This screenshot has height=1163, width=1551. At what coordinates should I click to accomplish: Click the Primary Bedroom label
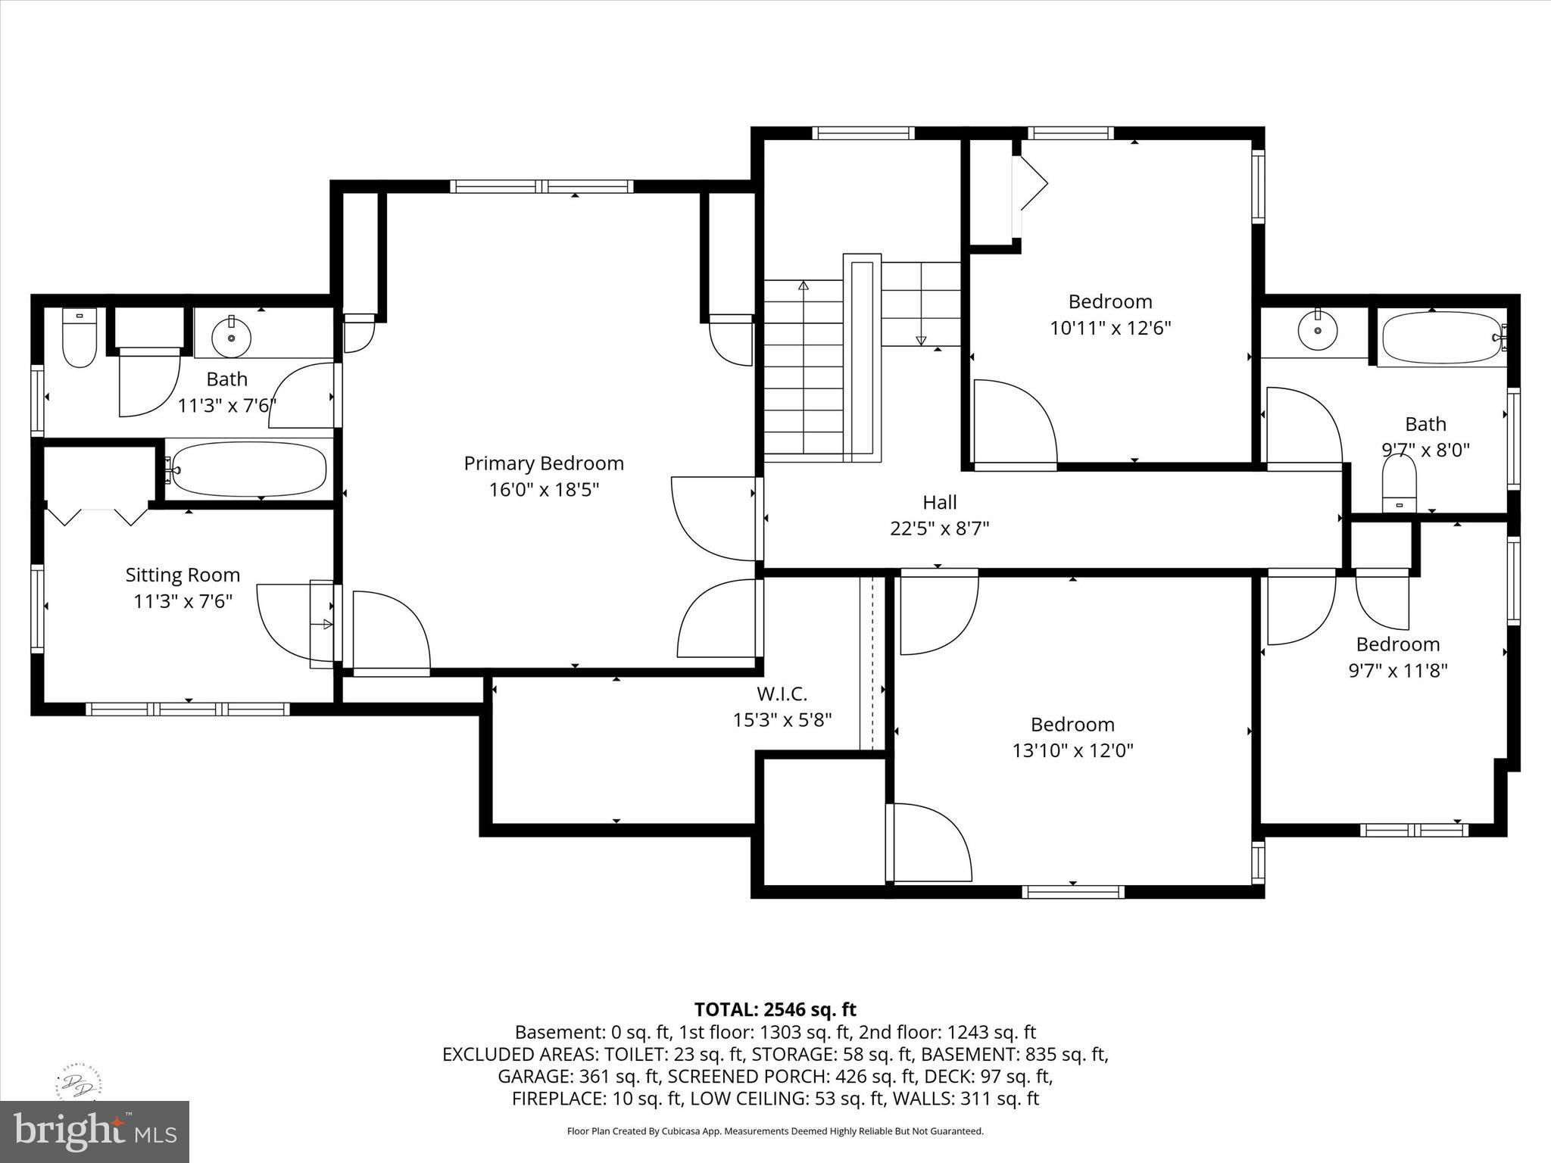[544, 463]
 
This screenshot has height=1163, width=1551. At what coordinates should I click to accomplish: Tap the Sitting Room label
[183, 575]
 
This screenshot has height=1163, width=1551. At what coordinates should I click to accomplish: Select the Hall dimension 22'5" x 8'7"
[940, 528]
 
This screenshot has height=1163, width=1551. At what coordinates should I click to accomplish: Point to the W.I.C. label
[782, 693]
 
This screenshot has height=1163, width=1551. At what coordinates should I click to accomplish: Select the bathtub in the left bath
[248, 469]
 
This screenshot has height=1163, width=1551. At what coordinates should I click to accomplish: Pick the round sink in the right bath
[1318, 330]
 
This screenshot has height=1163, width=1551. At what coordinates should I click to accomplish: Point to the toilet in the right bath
[1400, 485]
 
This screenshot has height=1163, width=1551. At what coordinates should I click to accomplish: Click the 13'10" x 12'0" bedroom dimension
[1072, 750]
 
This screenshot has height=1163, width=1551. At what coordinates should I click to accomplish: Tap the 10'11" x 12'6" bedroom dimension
[1110, 328]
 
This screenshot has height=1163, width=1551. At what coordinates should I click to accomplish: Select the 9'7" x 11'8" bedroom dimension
[1398, 670]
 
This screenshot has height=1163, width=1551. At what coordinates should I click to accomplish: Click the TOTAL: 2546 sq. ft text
[775, 1009]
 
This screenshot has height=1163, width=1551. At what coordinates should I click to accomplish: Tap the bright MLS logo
[95, 1132]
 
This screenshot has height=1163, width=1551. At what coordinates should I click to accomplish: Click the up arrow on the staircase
[804, 285]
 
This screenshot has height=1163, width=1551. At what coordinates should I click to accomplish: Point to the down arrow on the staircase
[921, 341]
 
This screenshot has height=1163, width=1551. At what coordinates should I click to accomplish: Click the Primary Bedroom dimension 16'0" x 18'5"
[544, 490]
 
